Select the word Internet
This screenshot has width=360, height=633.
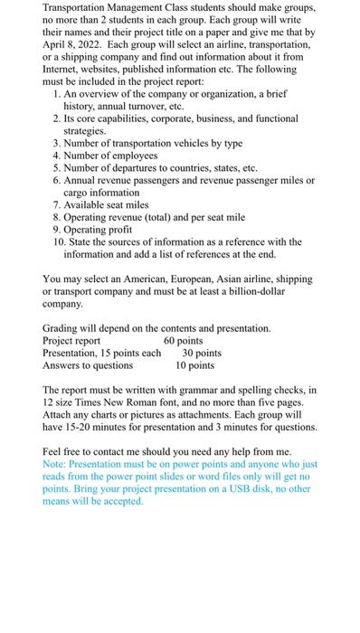(65, 69)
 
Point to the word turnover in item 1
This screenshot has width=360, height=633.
(147, 106)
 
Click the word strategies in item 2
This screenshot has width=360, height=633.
(85, 130)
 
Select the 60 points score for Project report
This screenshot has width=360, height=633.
(184, 341)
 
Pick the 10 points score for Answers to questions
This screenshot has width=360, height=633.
(194, 365)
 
